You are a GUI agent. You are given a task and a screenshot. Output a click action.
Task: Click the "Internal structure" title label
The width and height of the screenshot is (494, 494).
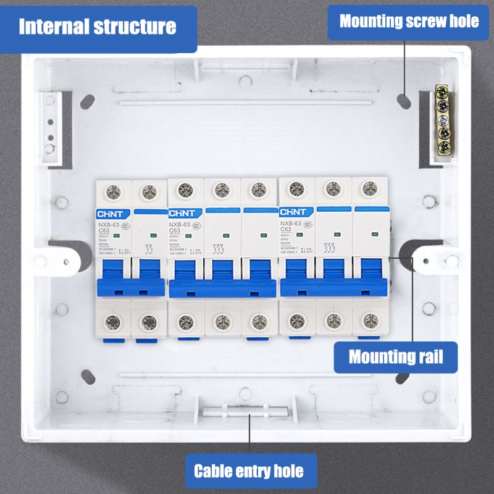(98, 27)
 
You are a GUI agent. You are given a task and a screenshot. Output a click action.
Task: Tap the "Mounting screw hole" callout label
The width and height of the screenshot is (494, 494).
(409, 22)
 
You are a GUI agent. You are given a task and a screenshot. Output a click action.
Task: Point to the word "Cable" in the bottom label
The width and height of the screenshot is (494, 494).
(214, 471)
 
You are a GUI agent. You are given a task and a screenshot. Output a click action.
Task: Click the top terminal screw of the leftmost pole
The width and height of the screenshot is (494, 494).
(114, 191)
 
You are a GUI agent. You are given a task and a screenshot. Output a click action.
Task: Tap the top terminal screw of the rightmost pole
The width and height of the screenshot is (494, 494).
(369, 188)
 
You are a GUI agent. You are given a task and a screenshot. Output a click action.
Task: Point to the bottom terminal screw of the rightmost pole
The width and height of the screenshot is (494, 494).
(370, 320)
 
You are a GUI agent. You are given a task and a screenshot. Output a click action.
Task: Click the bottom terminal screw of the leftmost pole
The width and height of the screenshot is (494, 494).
(113, 321)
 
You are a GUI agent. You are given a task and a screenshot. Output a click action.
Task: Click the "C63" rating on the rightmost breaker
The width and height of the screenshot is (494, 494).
(287, 230)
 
